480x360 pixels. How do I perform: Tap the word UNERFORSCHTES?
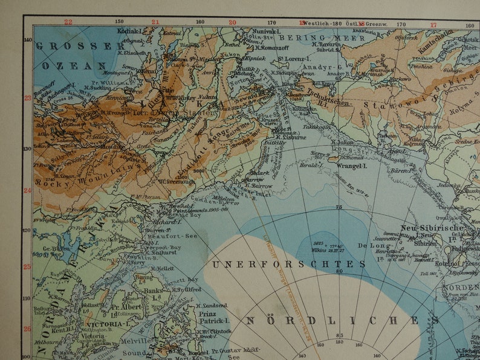289,264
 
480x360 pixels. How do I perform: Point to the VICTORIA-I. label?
109,324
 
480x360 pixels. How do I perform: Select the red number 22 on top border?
68,22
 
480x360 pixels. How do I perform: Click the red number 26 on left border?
27,329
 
